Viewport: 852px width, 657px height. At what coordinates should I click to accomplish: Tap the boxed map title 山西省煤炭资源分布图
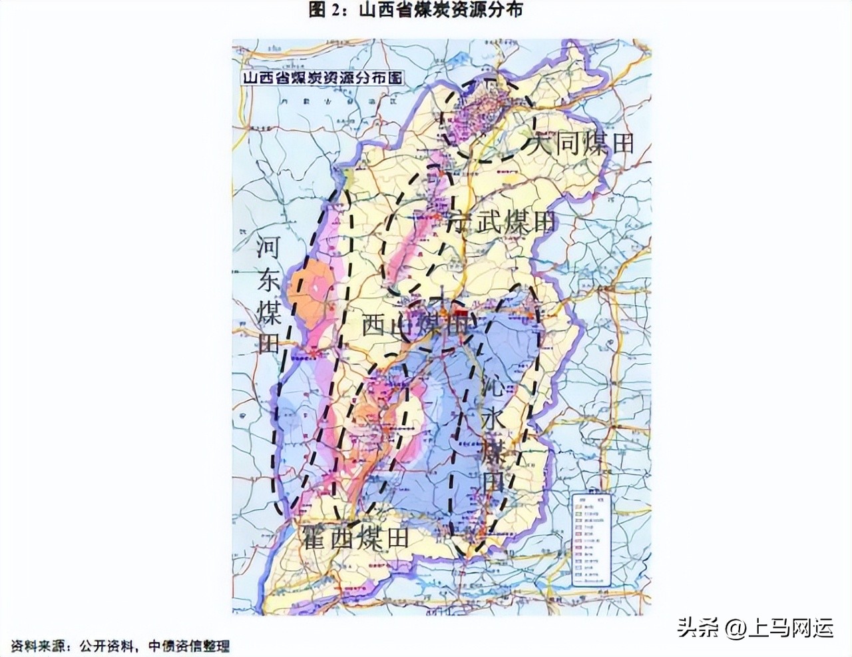click(x=322, y=77)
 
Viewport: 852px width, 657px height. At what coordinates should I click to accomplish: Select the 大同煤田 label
click(x=580, y=143)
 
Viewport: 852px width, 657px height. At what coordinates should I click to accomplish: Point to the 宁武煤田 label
click(x=504, y=222)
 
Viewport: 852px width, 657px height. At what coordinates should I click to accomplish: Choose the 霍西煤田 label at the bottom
click(x=355, y=537)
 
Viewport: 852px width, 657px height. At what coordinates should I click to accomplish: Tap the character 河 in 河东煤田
click(x=268, y=249)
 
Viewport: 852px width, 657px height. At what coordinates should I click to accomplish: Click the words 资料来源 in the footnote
click(x=33, y=646)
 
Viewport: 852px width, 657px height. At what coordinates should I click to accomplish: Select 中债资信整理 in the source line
click(x=188, y=646)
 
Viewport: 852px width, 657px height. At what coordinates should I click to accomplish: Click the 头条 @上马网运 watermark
click(x=755, y=627)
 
